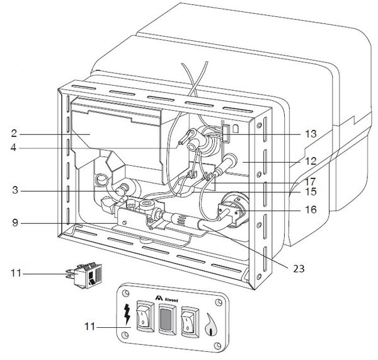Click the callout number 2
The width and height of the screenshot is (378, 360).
coord(13,134)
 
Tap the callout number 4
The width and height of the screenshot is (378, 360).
coord(13,149)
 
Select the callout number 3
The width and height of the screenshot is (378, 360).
coord(13,189)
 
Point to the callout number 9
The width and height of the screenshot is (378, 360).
coord(13,222)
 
